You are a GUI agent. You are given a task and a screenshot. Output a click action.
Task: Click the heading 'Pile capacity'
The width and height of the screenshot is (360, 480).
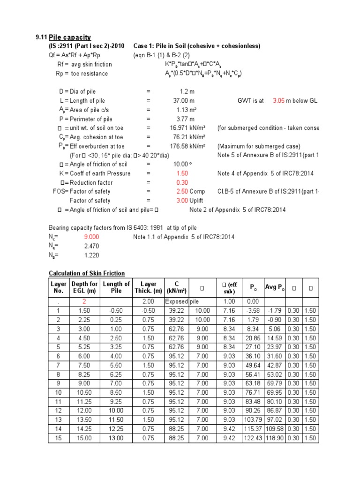pos(70,37)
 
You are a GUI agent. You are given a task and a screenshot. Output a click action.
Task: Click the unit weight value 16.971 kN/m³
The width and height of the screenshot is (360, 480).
pos(187,128)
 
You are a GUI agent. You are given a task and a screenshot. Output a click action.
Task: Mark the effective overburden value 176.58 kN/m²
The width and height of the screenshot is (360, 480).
pos(187,146)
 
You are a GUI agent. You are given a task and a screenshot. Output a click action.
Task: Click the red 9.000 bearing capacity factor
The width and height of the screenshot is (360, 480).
pos(91,237)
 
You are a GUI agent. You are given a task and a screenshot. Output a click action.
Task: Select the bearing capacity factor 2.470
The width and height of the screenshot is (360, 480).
pos(91,246)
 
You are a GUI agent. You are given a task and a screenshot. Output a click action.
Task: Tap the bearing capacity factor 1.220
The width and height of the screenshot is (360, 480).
pos(91,255)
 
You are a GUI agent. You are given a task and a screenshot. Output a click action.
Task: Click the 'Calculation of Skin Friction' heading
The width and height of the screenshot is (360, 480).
pos(87,273)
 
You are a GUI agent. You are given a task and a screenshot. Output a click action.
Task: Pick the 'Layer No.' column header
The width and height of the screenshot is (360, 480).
pos(59,287)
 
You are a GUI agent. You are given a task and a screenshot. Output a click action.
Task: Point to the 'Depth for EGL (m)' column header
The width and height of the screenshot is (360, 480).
pos(84,287)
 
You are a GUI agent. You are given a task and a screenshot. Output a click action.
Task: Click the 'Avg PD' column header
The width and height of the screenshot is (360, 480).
pos(274,287)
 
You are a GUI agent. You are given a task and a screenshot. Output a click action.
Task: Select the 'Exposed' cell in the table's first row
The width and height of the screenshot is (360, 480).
pos(176,301)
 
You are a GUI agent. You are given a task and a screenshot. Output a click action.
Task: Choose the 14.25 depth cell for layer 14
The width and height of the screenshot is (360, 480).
pos(84,429)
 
